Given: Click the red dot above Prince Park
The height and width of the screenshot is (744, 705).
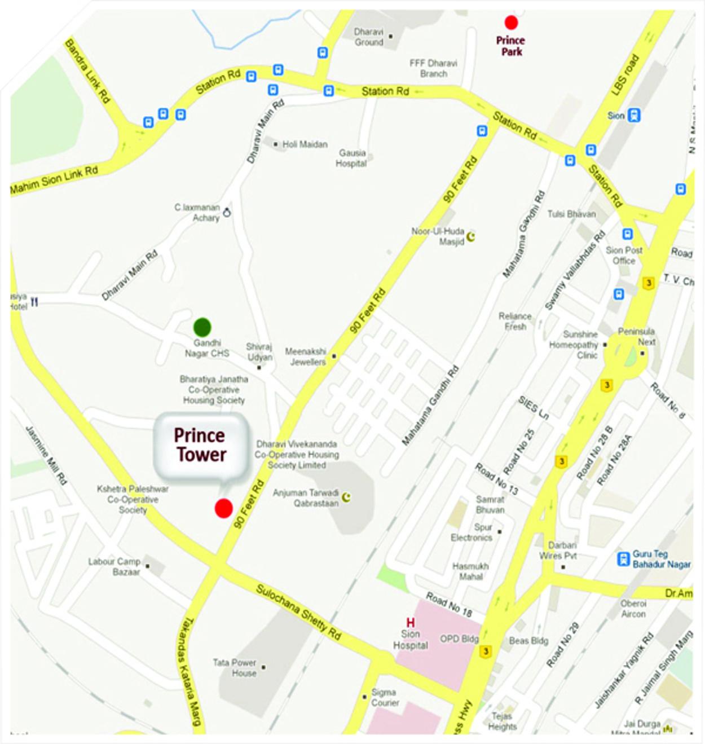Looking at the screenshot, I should [x=511, y=23].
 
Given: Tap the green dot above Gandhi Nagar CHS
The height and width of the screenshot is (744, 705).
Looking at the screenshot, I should [x=202, y=327].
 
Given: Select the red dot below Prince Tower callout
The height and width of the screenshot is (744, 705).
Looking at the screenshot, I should [x=224, y=508].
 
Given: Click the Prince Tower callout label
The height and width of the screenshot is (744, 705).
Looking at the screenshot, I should [x=200, y=445].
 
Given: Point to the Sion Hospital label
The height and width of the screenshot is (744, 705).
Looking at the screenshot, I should [x=411, y=640].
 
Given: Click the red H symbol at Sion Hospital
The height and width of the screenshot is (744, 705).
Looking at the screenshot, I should [x=411, y=623].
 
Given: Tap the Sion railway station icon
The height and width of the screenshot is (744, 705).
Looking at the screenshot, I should [x=634, y=115].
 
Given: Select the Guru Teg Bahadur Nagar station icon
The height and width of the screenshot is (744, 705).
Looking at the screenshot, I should [x=623, y=559].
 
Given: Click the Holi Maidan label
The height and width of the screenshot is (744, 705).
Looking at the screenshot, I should [x=305, y=144].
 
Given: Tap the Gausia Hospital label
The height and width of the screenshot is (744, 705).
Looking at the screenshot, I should [x=352, y=158].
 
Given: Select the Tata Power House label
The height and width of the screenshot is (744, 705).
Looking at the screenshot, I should [x=235, y=668].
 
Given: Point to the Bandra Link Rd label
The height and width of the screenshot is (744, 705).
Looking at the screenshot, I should [x=87, y=71].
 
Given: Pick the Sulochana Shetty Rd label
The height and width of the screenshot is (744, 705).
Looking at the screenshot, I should [x=298, y=612].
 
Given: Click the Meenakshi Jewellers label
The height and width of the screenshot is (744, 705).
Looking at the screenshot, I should [x=306, y=356].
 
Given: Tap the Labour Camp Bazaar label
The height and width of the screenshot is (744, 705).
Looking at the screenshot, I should [x=114, y=566].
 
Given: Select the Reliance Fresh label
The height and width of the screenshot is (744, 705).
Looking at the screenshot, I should [x=515, y=321].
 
